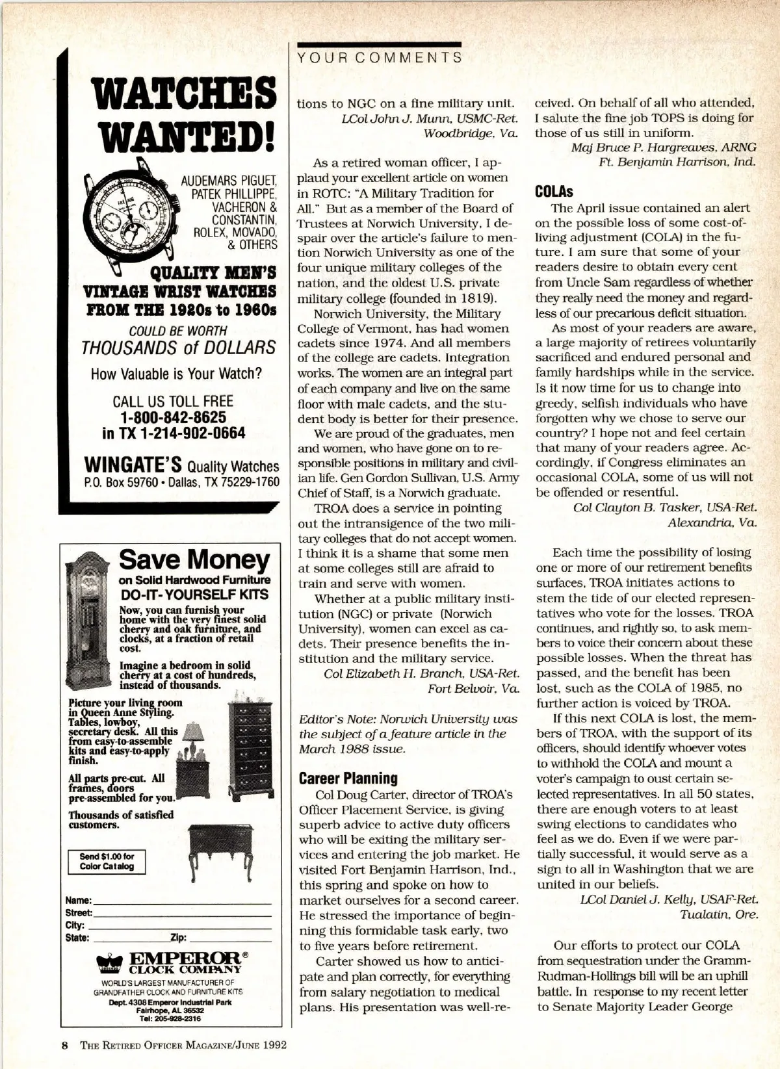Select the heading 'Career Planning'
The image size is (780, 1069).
point(348,778)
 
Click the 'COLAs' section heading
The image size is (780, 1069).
point(554,192)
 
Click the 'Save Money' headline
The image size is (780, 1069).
point(194,559)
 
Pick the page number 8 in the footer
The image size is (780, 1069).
point(65,1046)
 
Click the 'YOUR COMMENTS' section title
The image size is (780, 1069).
point(380,57)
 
